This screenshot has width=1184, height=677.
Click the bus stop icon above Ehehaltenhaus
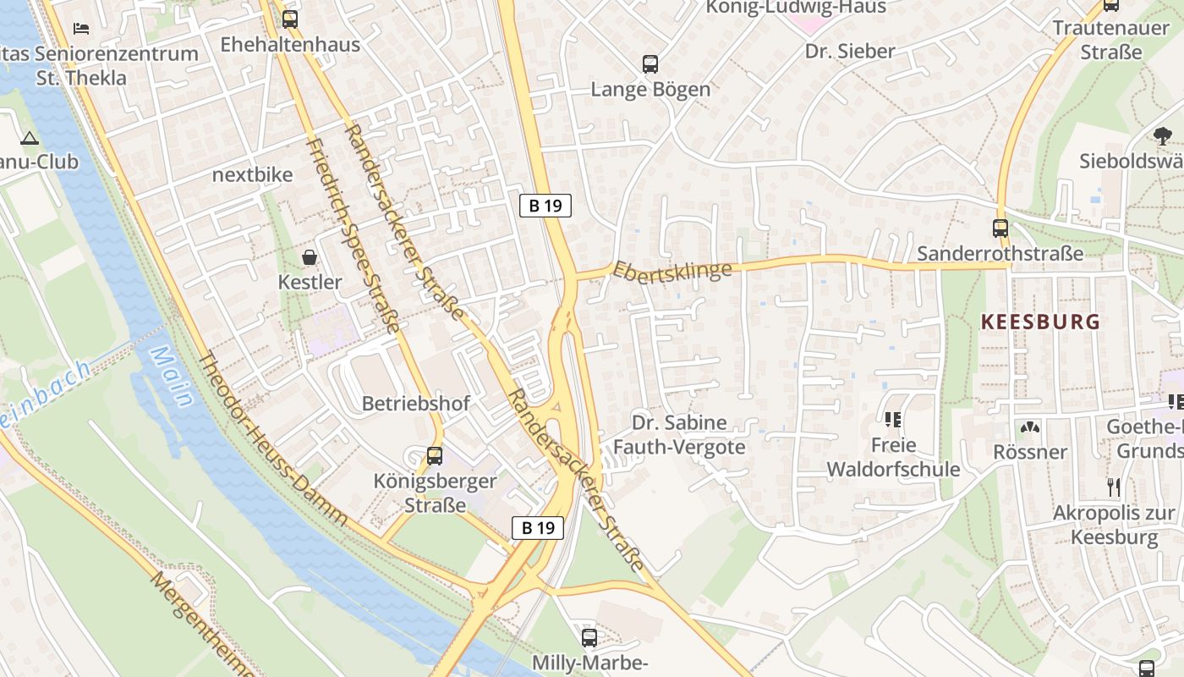pyautogui.click(x=290, y=19)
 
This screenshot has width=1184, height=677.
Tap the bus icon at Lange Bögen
pyautogui.click(x=650, y=63)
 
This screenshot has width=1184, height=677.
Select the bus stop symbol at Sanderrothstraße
pyautogui.click(x=1000, y=228)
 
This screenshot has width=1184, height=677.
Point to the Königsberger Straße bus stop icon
pyautogui.click(x=435, y=456)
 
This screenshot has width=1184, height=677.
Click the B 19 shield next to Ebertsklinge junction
pyautogui.click(x=545, y=205)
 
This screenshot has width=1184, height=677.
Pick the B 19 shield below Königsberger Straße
pyautogui.click(x=538, y=528)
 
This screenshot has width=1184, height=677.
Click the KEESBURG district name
pyautogui.click(x=1040, y=322)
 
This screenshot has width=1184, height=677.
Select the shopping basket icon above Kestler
pyautogui.click(x=310, y=256)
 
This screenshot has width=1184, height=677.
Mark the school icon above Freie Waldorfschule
pyautogui.click(x=893, y=419)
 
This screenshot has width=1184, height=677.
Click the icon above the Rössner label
pyautogui.click(x=1029, y=427)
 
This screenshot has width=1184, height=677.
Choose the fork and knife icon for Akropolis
pyautogui.click(x=1114, y=487)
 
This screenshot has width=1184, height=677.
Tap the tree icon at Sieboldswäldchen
pyautogui.click(x=1163, y=135)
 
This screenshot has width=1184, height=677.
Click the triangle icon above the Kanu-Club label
pyautogui.click(x=30, y=138)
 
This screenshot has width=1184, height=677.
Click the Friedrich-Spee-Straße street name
pyautogui.click(x=352, y=234)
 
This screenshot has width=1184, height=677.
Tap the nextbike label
pyautogui.click(x=252, y=175)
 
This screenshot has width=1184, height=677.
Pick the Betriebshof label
pyautogui.click(x=415, y=404)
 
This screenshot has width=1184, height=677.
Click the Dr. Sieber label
pyautogui.click(x=849, y=51)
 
